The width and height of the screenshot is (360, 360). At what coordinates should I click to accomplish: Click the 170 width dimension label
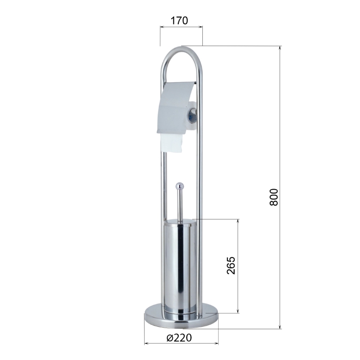point(179,20)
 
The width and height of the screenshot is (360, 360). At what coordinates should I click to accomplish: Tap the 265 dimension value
point(231,265)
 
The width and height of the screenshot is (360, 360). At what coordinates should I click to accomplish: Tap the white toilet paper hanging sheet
point(171,143)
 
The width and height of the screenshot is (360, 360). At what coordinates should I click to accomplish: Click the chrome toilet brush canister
point(179,265)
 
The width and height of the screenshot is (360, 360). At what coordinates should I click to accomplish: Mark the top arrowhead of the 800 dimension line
point(280,48)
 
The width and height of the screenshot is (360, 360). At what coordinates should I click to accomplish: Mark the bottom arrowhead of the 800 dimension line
point(280,326)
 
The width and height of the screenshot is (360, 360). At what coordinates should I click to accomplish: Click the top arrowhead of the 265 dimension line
point(238,221)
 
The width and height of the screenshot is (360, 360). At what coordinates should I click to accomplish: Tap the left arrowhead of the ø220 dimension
point(146,343)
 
